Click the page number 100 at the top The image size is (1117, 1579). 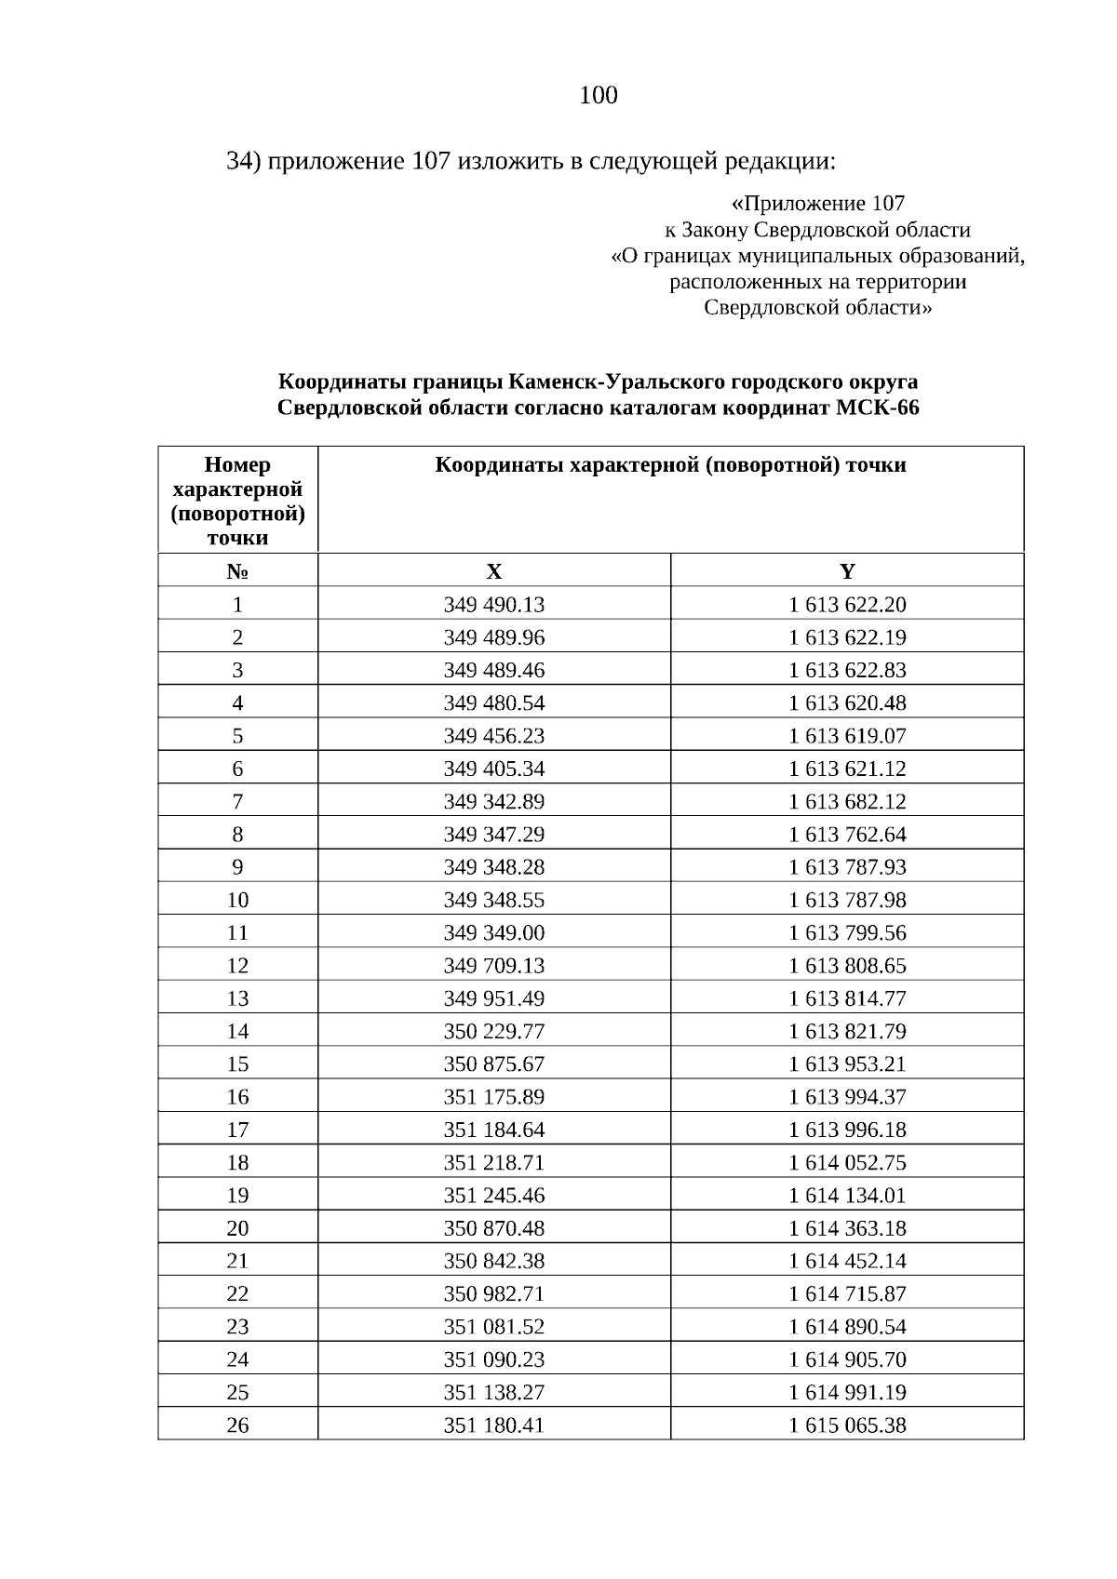click(x=599, y=96)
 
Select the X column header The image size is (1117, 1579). click(x=493, y=571)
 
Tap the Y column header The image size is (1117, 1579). click(x=847, y=571)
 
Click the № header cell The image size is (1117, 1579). click(x=237, y=571)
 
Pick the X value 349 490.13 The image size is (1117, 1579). click(x=493, y=605)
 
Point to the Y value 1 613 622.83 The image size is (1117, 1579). click(x=847, y=670)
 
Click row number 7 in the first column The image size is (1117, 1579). click(x=237, y=801)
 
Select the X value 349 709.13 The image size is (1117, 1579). click(x=493, y=966)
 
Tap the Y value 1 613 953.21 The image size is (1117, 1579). click(x=847, y=1064)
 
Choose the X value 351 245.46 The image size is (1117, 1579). click(x=493, y=1195)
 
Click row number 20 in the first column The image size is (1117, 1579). click(x=237, y=1228)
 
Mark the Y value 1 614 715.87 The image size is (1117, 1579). click(x=847, y=1293)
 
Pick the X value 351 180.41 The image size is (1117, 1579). click(x=493, y=1425)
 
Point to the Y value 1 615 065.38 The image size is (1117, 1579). click(x=847, y=1425)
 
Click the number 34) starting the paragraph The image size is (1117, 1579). click(x=244, y=161)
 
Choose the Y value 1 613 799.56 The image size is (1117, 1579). click(x=847, y=932)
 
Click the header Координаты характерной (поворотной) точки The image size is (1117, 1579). click(x=670, y=465)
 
